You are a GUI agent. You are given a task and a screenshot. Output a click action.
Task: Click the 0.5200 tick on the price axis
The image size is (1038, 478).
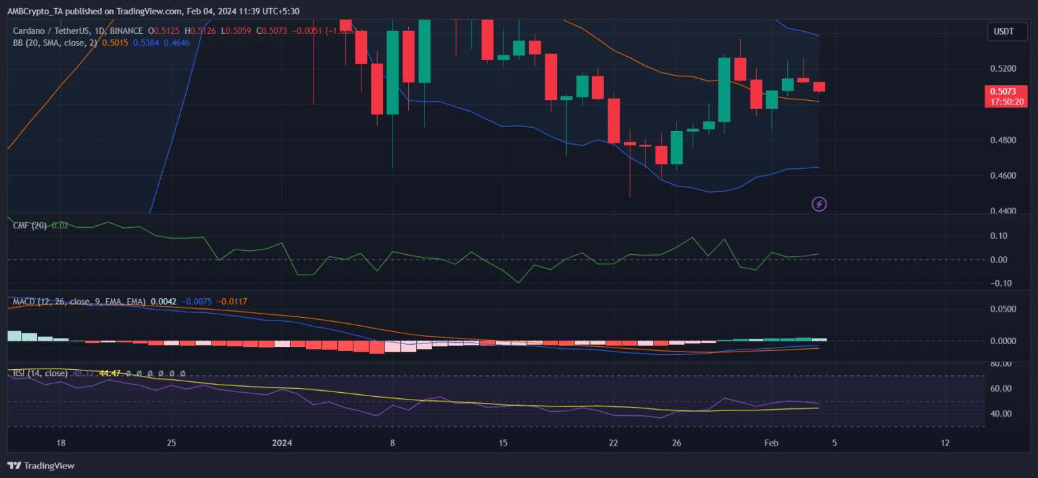[1002, 69]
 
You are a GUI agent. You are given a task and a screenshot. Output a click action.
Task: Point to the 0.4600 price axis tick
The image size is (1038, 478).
[1002, 176]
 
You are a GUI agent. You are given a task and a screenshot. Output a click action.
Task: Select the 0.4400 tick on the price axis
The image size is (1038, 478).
[1002, 212]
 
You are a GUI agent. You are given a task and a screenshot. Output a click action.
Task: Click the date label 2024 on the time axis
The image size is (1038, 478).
[282, 443]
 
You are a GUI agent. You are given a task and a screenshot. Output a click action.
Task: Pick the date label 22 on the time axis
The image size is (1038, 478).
[613, 443]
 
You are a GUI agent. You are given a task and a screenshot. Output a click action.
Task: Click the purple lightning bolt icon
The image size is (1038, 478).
[819, 204]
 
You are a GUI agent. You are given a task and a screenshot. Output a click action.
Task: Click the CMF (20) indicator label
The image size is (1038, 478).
[30, 225]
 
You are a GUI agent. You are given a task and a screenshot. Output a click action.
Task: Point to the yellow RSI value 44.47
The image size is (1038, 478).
[109, 373]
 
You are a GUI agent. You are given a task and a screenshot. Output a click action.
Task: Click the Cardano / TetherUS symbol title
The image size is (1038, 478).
[53, 30]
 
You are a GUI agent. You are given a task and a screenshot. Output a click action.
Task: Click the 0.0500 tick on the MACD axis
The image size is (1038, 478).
[1002, 309]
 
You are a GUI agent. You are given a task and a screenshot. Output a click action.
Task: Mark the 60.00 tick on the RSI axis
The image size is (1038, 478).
[1002, 389]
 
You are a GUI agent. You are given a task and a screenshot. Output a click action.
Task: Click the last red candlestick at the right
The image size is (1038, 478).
[819, 87]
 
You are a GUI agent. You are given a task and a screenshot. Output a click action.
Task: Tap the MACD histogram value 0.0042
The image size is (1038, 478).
[164, 302]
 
